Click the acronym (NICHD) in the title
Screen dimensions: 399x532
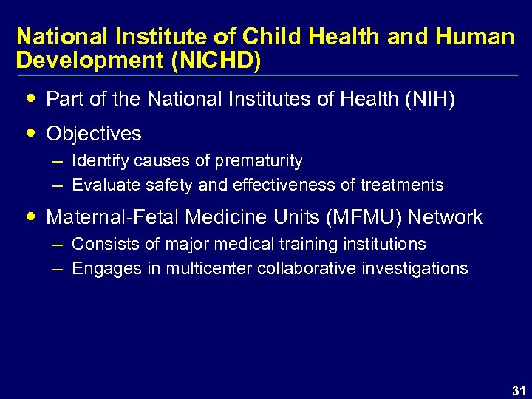(x=216, y=61)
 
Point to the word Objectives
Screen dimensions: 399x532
(x=94, y=134)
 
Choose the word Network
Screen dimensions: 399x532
(x=445, y=217)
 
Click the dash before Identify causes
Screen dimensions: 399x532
(x=58, y=160)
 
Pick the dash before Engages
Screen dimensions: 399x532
(x=58, y=268)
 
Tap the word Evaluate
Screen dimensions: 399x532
(x=101, y=185)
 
